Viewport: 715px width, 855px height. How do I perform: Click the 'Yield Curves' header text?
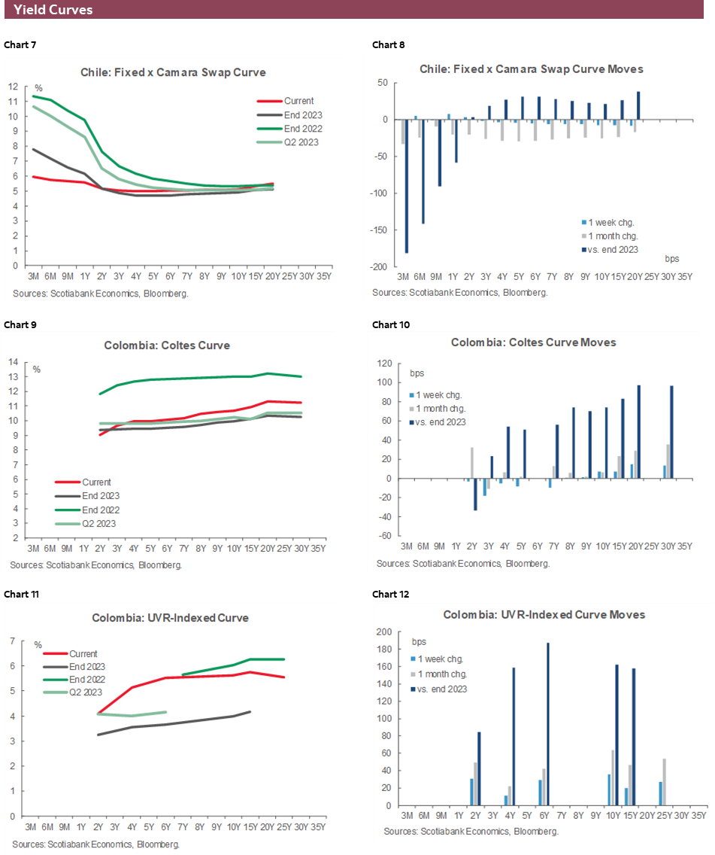coord(53,10)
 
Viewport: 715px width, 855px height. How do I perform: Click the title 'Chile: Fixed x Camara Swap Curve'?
coord(173,73)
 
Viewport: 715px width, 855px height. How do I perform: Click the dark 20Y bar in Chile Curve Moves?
coord(638,105)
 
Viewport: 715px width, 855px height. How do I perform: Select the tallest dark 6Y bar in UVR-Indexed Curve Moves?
coord(548,724)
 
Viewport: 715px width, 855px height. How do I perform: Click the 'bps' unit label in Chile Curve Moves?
coord(671,258)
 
